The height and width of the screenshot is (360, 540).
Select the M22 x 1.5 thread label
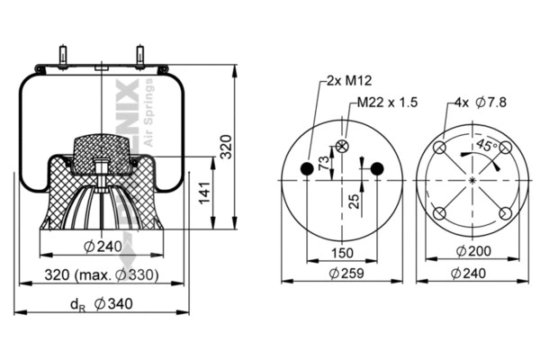[x=388, y=103]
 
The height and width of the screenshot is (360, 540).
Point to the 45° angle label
[x=488, y=145]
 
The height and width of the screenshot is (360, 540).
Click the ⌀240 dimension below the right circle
[x=472, y=274]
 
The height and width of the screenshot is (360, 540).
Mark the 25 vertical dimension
[x=356, y=200]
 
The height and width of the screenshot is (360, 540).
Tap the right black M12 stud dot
[x=377, y=168]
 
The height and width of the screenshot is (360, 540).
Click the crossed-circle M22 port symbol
[x=343, y=147]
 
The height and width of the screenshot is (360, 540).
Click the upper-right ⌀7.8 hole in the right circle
[x=505, y=148]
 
